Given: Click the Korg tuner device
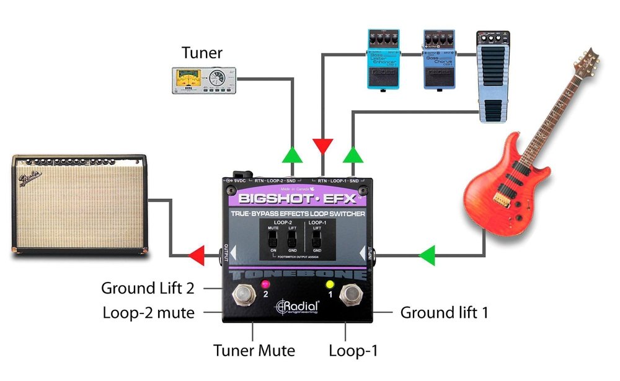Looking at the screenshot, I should point(204,81).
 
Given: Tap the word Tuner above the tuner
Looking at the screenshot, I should point(203,53).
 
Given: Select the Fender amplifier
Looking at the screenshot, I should point(79,205).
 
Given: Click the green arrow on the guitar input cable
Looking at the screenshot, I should point(427,254).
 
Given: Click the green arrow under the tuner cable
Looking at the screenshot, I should point(291,154).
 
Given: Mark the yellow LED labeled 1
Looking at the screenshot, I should point(330,284).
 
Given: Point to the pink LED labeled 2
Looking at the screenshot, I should point(265,284).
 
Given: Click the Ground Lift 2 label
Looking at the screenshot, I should point(148,288).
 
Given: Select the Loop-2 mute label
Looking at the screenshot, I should point(149,313).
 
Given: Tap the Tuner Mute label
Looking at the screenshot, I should point(254,351).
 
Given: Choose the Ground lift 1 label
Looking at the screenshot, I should point(444,313).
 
